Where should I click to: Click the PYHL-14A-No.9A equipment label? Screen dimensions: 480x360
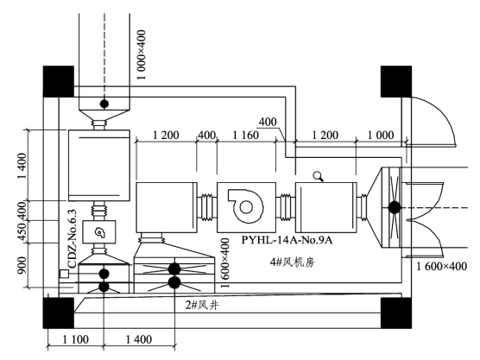[x=287, y=240]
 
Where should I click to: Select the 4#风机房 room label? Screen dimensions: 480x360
[x=292, y=262]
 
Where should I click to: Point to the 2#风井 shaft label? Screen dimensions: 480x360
[x=202, y=305]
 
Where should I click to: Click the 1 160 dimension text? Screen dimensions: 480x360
[x=245, y=135]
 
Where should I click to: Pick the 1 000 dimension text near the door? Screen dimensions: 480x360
[x=381, y=135]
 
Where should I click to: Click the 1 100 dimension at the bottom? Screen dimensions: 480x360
[x=76, y=339]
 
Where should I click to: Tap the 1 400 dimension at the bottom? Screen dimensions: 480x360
[x=139, y=339]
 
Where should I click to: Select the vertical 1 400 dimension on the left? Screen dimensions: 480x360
[x=22, y=167]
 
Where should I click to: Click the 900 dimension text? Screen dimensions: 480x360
[x=22, y=265]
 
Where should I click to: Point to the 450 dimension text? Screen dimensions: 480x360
[x=22, y=231]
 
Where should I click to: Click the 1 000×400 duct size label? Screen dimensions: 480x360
[x=142, y=54]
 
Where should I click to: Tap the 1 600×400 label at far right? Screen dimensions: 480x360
[x=442, y=266]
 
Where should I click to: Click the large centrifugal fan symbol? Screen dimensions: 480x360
[x=245, y=205]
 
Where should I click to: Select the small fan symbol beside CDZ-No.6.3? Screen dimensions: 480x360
[x=99, y=232]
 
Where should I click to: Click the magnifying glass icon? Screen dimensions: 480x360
[x=318, y=176]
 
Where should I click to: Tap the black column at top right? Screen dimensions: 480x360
[x=396, y=81]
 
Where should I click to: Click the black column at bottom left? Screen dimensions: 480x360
[x=59, y=313]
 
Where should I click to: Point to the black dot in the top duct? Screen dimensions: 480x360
[x=104, y=104]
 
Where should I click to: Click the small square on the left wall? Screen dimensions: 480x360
[x=64, y=274]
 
